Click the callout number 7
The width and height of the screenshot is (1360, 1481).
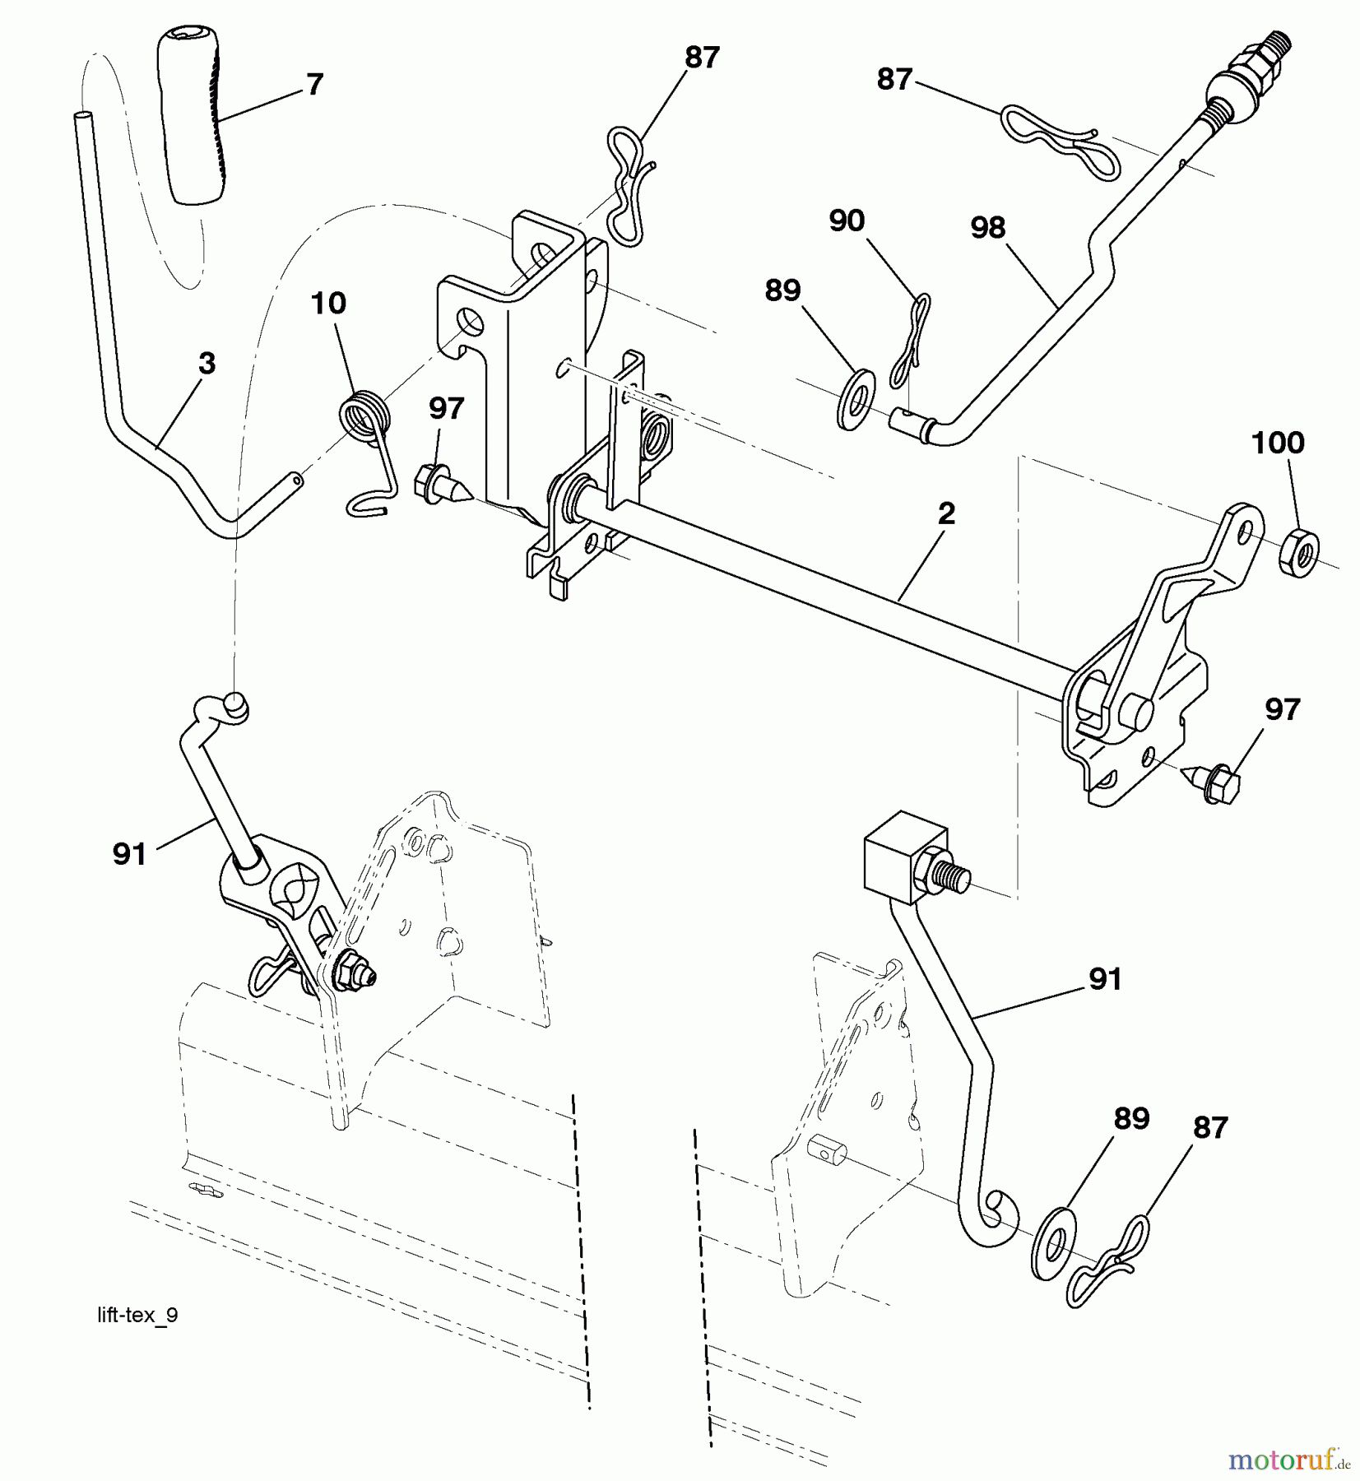(314, 84)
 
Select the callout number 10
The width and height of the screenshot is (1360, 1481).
(328, 304)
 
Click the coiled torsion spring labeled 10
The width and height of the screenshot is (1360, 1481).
(364, 416)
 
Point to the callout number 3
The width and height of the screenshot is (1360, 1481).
(207, 363)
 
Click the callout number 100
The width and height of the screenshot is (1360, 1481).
(1277, 443)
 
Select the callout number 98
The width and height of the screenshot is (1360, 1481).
(987, 228)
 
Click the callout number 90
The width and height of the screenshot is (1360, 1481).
(847, 221)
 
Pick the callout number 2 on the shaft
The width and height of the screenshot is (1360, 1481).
(946, 514)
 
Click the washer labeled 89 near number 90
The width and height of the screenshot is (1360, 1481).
(856, 399)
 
